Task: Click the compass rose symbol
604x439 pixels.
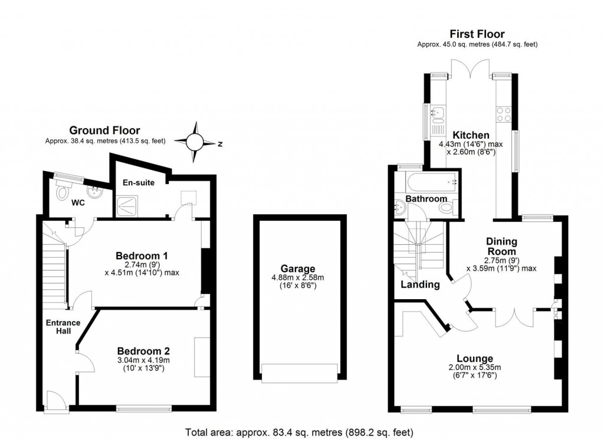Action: (196, 142)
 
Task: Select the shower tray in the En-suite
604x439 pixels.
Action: (127, 204)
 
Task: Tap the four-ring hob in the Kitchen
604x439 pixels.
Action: (504, 114)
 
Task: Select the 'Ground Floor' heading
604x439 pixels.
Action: (104, 130)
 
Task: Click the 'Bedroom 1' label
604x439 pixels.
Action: (142, 256)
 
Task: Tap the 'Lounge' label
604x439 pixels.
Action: (475, 359)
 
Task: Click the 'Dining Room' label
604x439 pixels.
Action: (501, 246)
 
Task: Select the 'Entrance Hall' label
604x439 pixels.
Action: (63, 327)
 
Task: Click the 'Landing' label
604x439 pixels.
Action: (420, 284)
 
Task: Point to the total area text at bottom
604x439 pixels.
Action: (300, 431)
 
